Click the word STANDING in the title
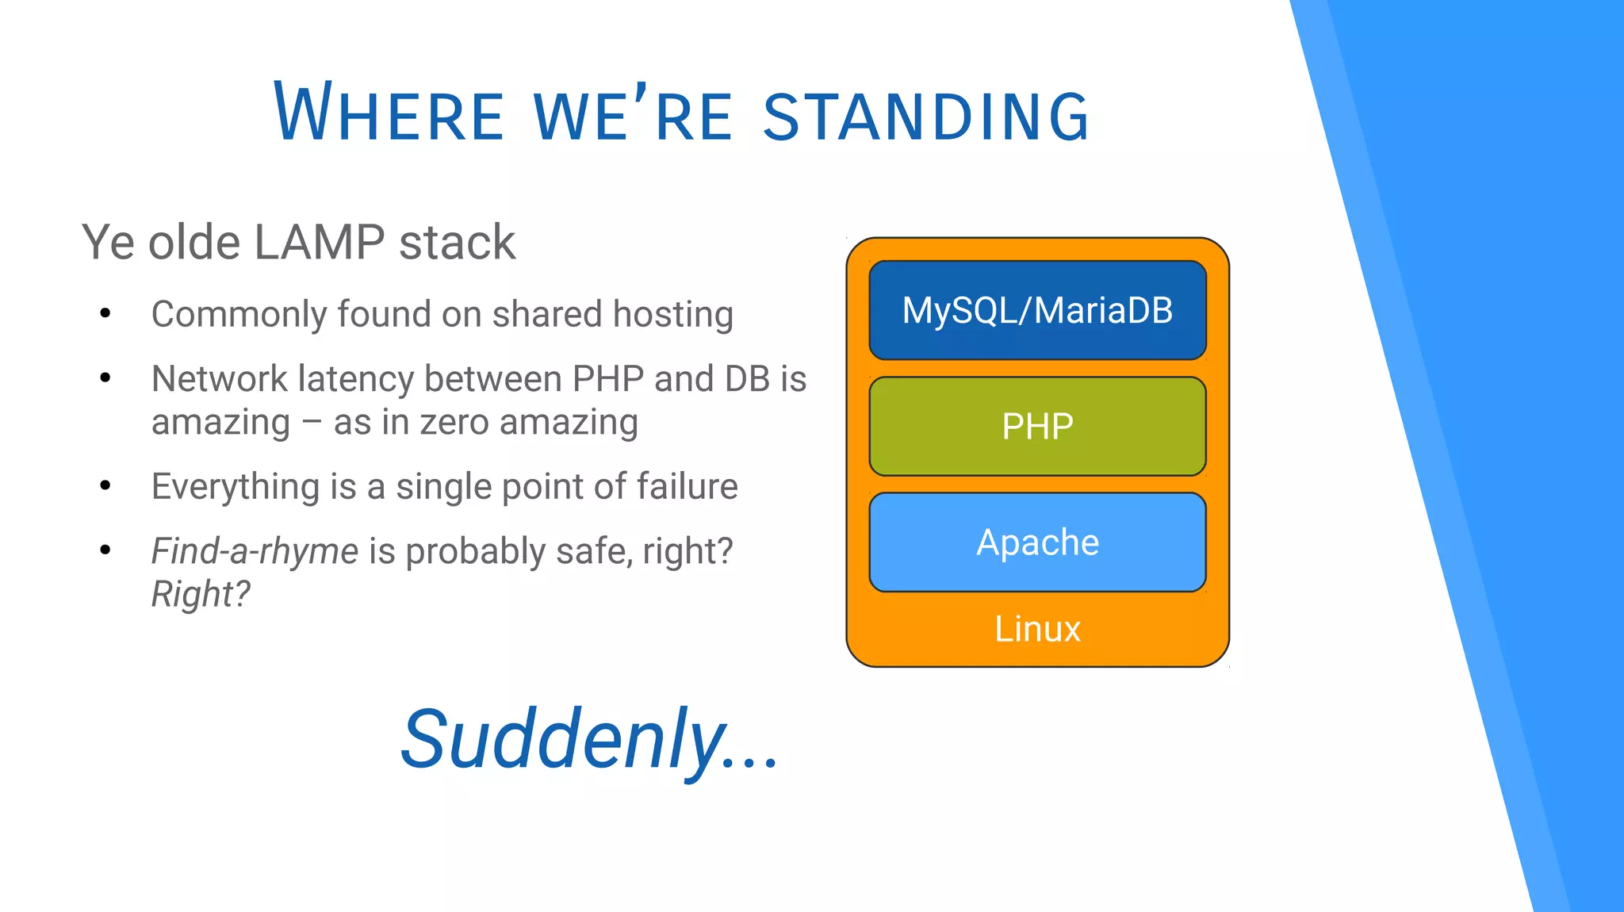point(926,117)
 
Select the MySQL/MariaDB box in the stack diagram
point(1037,310)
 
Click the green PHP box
point(1037,427)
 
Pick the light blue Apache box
point(1037,542)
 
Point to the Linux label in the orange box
point(1037,629)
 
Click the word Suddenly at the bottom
point(563,740)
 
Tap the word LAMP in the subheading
point(320,242)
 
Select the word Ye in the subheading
point(108,242)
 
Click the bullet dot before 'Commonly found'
point(105,314)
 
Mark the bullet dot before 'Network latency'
point(105,378)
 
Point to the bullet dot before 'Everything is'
point(105,486)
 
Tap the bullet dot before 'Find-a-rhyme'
point(105,550)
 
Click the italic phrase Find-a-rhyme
point(255,551)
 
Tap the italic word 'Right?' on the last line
point(201,594)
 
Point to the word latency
point(356,379)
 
